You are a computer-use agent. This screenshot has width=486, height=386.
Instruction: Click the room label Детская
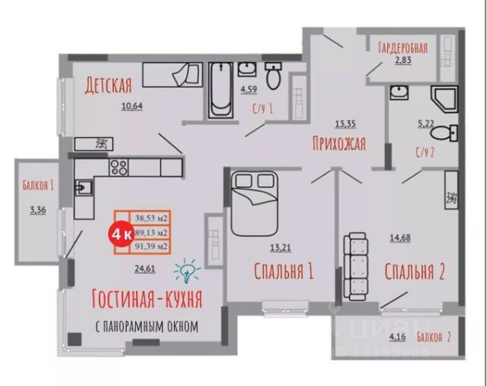point(109,83)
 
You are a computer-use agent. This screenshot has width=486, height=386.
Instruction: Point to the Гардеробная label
point(402,49)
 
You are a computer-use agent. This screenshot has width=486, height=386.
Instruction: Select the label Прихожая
point(339,143)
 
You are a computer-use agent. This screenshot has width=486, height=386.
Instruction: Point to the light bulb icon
point(185,269)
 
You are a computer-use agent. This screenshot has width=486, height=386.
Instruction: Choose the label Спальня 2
point(413,271)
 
